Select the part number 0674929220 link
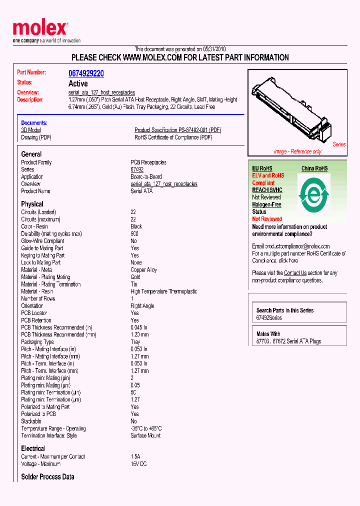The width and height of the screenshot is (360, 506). pyautogui.click(x=86, y=73)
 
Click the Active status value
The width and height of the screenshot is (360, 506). pyautogui.click(x=78, y=83)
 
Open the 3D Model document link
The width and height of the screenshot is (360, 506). pyautogui.click(x=31, y=130)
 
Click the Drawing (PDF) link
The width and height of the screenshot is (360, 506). pyautogui.click(x=36, y=137)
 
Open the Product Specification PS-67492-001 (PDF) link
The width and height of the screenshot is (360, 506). pyautogui.click(x=177, y=130)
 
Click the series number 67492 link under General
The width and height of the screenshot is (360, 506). pyautogui.click(x=137, y=169)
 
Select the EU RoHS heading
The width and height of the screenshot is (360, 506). pyautogui.click(x=262, y=168)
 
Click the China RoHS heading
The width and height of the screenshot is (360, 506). pyautogui.click(x=314, y=168)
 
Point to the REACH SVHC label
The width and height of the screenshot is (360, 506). pyautogui.click(x=267, y=190)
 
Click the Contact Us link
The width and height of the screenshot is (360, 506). pyautogui.click(x=295, y=273)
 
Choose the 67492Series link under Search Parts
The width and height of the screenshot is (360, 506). pyautogui.click(x=269, y=317)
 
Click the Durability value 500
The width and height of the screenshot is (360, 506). pyautogui.click(x=134, y=233)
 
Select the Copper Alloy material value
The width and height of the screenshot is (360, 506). pyautogui.click(x=143, y=269)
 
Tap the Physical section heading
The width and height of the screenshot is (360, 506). pyautogui.click(x=32, y=204)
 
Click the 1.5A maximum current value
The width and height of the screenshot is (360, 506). pyautogui.click(x=135, y=456)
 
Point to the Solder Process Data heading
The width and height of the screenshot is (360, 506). pyautogui.click(x=47, y=477)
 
